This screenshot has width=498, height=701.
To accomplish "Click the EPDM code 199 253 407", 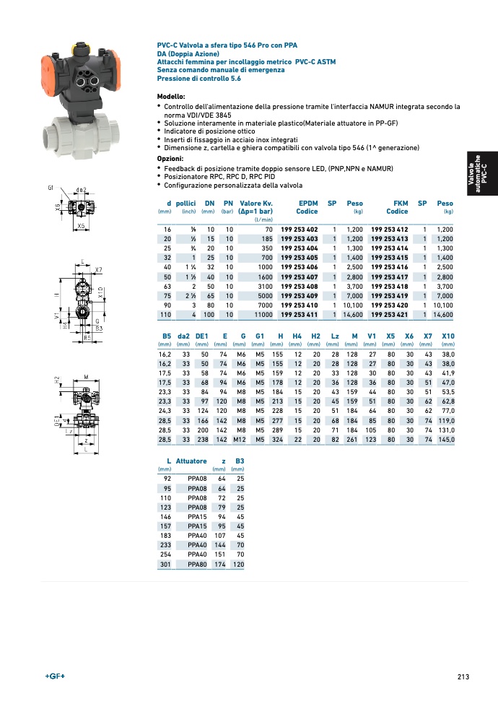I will (x=299, y=277).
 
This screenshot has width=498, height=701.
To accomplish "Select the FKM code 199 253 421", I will (x=390, y=315).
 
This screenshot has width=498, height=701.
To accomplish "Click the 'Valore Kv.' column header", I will (x=256, y=204).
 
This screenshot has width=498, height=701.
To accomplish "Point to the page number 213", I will (x=463, y=676).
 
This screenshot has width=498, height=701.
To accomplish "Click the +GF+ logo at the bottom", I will (x=55, y=676).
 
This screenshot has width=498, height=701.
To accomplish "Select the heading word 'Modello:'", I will (x=171, y=97).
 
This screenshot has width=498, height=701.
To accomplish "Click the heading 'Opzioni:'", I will (x=170, y=158).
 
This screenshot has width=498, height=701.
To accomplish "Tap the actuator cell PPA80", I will (x=197, y=564).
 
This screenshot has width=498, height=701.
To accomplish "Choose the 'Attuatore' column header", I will (x=191, y=461).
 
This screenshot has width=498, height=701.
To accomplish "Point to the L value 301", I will (x=165, y=564).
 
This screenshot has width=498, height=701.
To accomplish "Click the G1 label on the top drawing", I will (x=51, y=188).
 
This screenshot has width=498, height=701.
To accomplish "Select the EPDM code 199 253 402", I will (x=299, y=229).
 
